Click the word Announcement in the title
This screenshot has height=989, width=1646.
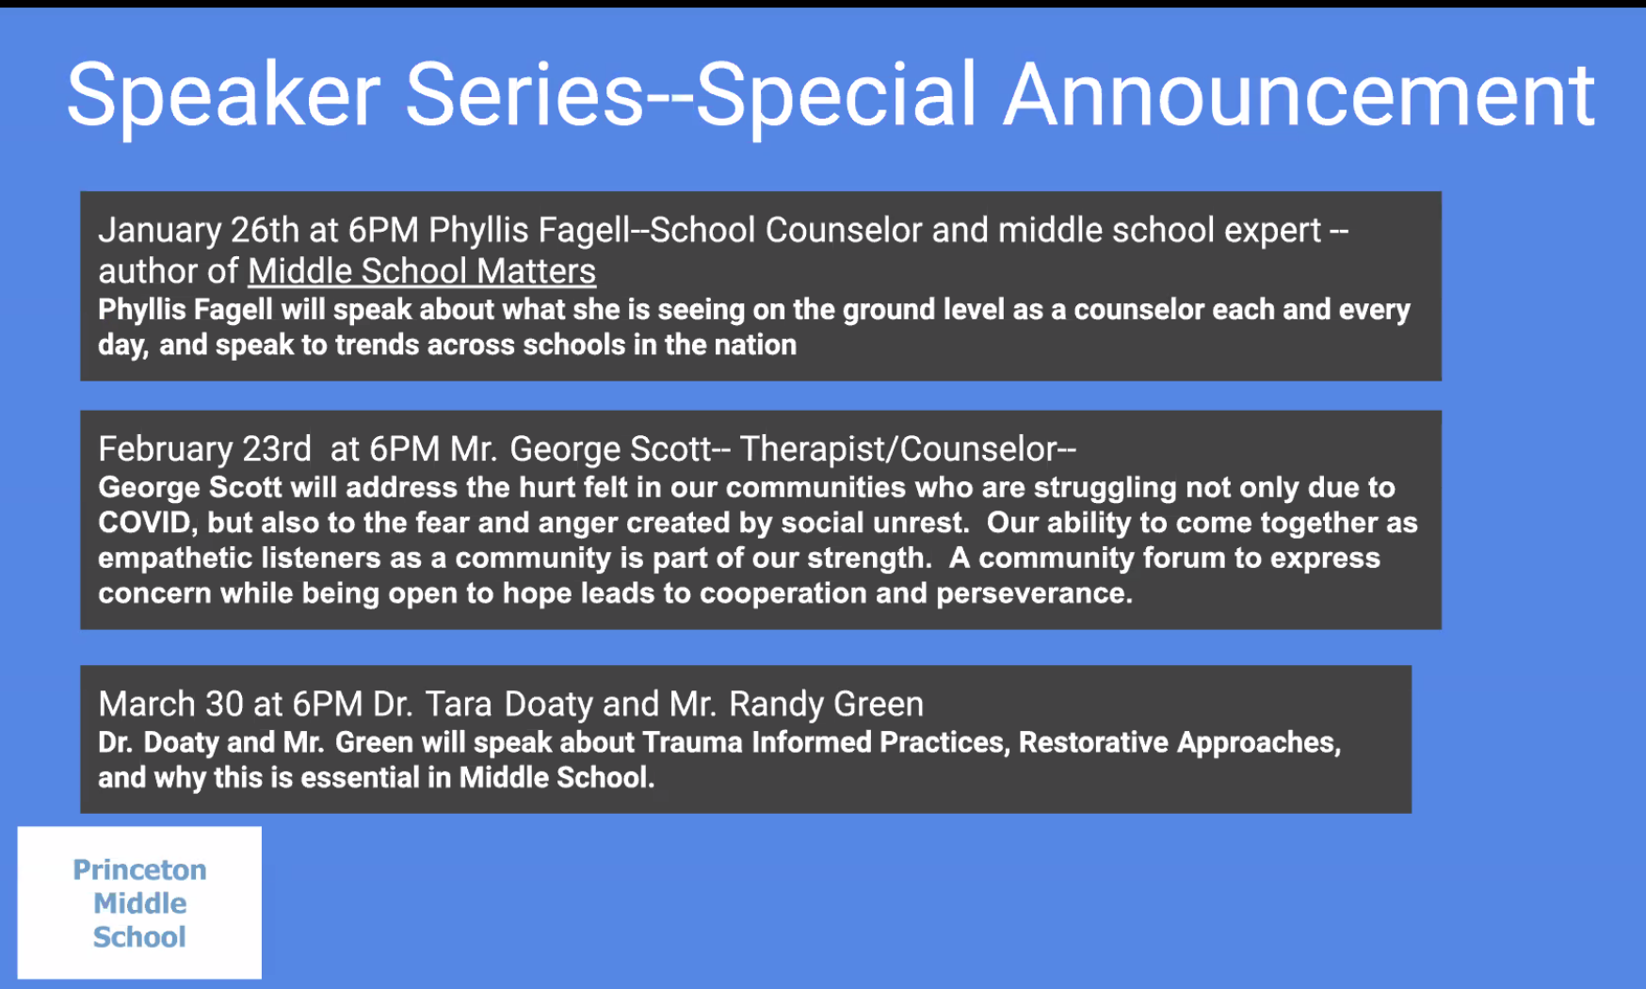(1299, 95)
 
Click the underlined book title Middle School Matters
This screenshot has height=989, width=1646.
(422, 271)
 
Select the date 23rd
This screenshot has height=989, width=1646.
(277, 449)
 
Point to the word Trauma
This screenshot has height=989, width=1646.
(693, 743)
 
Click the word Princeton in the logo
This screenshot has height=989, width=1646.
(139, 869)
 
